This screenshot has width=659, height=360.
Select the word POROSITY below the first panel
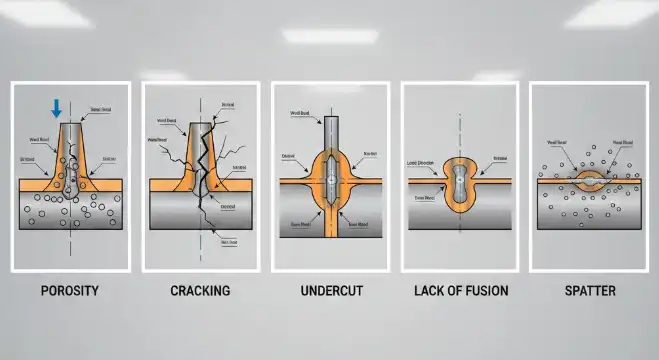pyautogui.click(x=70, y=291)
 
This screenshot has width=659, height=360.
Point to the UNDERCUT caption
pyautogui.click(x=330, y=291)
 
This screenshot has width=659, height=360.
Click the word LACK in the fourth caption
pyautogui.click(x=431, y=291)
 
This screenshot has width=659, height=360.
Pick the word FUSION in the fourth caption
pyautogui.click(x=485, y=291)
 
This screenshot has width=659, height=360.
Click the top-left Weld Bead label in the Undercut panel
pyautogui.click(x=297, y=114)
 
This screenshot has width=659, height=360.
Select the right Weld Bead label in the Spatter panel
pyautogui.click(x=620, y=142)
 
